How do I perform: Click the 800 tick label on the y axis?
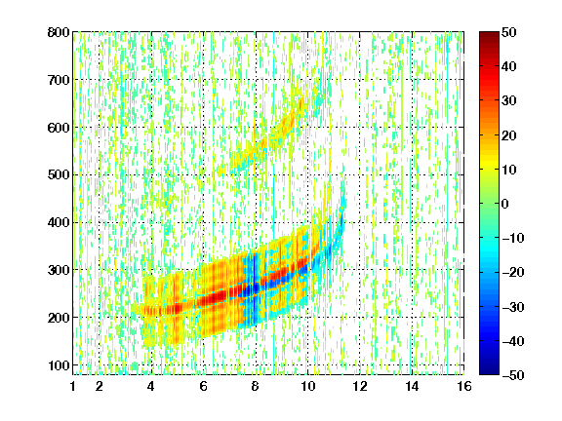59,32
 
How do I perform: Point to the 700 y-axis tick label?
59,80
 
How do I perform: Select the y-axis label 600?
59,128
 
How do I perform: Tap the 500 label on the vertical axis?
59,175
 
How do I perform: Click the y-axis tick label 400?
59,222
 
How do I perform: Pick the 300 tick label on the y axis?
59,270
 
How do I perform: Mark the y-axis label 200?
59,318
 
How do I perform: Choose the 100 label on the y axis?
59,365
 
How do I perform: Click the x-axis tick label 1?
73,386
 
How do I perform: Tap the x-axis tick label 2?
100,386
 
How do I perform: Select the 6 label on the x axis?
204,386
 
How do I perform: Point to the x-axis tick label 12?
360,386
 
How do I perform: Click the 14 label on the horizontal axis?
412,386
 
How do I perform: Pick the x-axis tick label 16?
464,386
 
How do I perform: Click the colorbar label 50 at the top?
508,32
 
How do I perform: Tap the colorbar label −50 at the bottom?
513,375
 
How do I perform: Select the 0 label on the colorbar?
504,204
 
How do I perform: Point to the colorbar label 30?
508,101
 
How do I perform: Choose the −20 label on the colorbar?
513,272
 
